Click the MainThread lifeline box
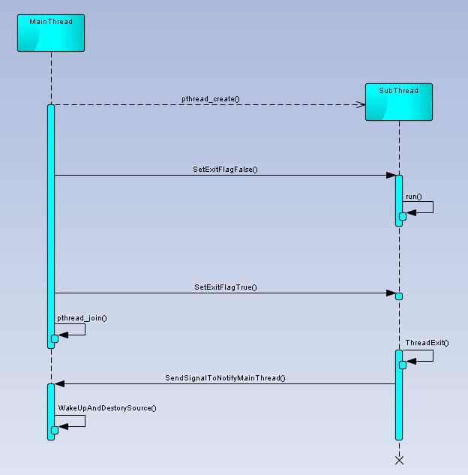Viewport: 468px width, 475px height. [51, 33]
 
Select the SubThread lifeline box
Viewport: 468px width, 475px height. [399, 102]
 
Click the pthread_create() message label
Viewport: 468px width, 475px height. [211, 98]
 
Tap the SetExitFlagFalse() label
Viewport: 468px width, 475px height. [225, 170]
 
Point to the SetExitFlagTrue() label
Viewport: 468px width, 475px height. [226, 287]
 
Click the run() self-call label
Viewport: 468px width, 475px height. [414, 197]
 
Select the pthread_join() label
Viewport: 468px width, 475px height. [82, 318]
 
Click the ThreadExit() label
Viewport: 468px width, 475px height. [427, 343]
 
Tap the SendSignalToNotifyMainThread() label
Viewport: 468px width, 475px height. [225, 378]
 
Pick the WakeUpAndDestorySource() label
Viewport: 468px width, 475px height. [107, 408]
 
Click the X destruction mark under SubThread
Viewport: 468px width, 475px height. [399, 460]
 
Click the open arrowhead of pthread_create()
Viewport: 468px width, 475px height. [361, 104]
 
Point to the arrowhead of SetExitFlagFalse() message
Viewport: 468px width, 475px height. [391, 176]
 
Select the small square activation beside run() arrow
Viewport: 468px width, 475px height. [403, 216]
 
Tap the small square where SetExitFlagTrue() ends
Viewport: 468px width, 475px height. [399, 296]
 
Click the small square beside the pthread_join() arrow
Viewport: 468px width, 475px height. [55, 338]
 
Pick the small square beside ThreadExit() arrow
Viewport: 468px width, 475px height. [403, 365]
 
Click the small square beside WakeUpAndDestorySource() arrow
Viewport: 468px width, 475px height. [55, 430]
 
